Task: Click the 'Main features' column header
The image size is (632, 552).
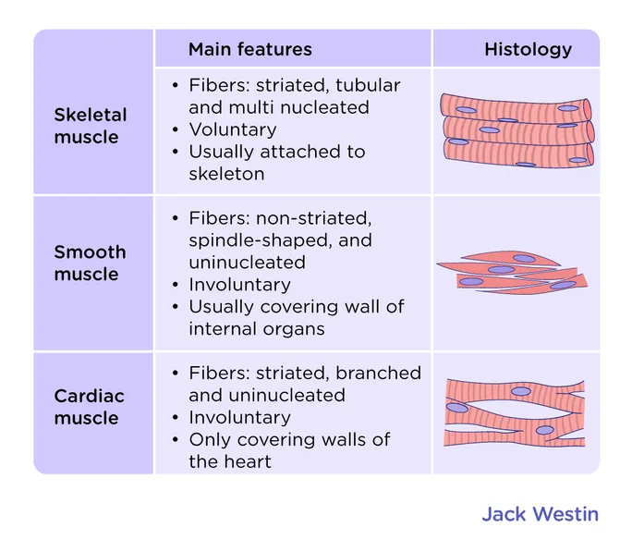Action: pos(249,50)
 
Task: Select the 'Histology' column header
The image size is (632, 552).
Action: pos(528,50)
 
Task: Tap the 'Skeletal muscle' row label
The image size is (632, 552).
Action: pos(90,127)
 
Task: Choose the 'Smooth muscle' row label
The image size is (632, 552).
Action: pos(90,263)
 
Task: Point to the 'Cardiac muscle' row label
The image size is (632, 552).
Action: pos(88,407)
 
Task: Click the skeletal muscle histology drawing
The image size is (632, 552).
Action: pos(516,130)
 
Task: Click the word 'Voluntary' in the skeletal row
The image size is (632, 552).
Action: pos(233,129)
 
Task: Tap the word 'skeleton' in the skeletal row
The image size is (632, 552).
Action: pos(226,174)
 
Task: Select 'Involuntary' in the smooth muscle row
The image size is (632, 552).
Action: pos(239,285)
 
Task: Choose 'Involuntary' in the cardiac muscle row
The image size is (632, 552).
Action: pos(239,418)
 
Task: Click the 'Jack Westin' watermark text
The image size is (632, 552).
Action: pos(540,514)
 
